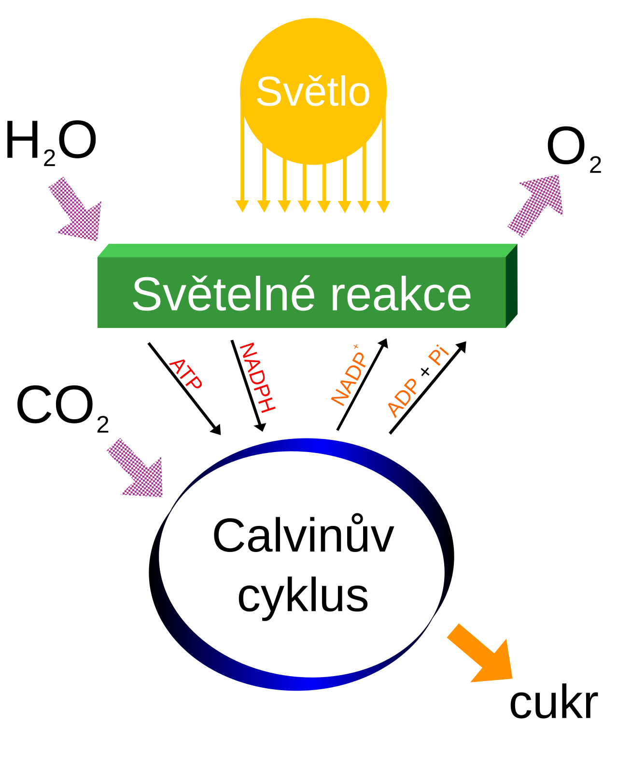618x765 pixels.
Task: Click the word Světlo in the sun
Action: (313, 92)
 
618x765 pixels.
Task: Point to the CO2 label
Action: (62, 408)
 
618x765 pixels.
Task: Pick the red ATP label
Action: (186, 374)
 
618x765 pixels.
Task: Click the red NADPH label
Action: (257, 378)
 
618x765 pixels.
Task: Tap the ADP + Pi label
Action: (418, 381)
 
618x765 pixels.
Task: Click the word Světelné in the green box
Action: (224, 295)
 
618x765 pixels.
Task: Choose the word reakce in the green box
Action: (401, 295)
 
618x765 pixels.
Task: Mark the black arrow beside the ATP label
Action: (184, 389)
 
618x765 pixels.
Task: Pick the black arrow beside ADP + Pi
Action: (428, 387)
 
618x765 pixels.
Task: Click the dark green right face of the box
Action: (511, 286)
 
